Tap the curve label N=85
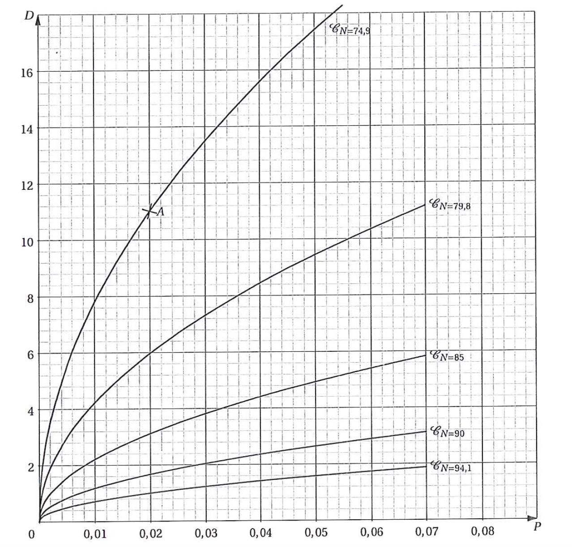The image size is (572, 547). click(x=444, y=356)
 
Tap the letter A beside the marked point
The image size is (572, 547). click(x=161, y=213)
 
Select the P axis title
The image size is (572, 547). click(x=537, y=526)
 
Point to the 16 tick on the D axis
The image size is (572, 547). click(x=27, y=72)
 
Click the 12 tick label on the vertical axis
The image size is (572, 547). click(x=27, y=185)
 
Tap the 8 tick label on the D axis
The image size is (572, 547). click(x=30, y=298)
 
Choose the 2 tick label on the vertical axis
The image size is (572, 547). click(x=30, y=467)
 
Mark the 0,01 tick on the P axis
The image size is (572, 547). click(x=95, y=534)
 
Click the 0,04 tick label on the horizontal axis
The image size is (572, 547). click(x=261, y=533)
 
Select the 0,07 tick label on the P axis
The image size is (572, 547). click(x=427, y=532)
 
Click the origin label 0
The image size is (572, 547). click(x=31, y=534)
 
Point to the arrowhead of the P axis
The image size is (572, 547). click(x=533, y=517)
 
